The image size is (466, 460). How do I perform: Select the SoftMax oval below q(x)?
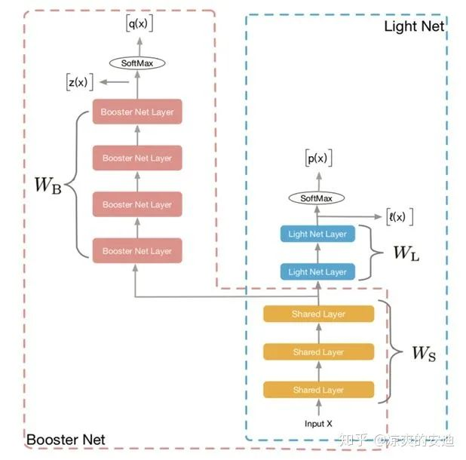137,63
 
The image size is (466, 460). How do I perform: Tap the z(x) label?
77,82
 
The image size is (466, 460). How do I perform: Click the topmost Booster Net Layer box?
137,112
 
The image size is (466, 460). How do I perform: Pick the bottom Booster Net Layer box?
137,250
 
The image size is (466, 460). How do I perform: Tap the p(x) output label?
317,159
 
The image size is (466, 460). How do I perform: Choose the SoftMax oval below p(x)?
317,198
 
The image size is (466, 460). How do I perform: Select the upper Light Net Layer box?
317,234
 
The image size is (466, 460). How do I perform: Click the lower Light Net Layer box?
317,271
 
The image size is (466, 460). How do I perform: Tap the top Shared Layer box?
317,314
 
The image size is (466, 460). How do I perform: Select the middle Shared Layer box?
317,352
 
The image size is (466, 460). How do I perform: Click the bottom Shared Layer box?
317,390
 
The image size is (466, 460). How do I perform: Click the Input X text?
318,423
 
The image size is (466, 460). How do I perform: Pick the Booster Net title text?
65,439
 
